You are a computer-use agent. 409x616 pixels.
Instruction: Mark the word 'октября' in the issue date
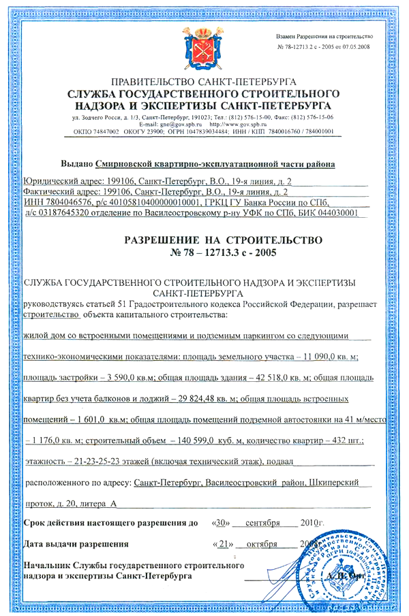tap(261, 545)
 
